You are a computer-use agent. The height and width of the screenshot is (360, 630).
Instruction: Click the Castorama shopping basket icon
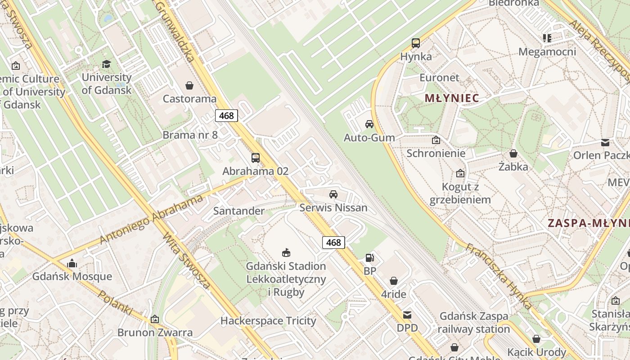pyautogui.click(x=189, y=85)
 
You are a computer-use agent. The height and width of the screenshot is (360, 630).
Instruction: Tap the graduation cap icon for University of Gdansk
pyautogui.click(x=106, y=64)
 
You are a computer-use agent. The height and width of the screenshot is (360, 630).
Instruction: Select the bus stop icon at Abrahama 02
pyautogui.click(x=256, y=158)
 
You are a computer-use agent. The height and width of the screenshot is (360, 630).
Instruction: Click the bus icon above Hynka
pyautogui.click(x=416, y=43)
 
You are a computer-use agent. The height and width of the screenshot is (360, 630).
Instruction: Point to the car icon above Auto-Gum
pyautogui.click(x=369, y=124)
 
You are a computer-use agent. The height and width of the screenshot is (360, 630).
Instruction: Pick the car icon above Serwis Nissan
pyautogui.click(x=333, y=194)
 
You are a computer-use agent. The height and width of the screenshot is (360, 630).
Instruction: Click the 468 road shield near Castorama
pyautogui.click(x=226, y=116)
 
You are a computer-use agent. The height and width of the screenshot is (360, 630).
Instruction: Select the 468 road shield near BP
pyautogui.click(x=333, y=243)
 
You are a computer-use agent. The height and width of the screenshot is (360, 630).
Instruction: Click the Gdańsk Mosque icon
pyautogui.click(x=72, y=263)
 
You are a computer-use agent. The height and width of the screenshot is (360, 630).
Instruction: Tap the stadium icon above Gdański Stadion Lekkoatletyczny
pyautogui.click(x=286, y=252)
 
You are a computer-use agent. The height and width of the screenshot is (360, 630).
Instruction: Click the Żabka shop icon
pyautogui.click(x=513, y=153)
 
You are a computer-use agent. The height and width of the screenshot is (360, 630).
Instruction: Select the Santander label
pyautogui.click(x=239, y=211)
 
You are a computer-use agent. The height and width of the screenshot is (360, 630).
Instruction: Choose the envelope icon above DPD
pyautogui.click(x=407, y=315)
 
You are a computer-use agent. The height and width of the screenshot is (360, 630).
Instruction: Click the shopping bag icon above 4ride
pyautogui.click(x=394, y=281)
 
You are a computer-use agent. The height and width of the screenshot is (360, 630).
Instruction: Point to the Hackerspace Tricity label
pyautogui.click(x=268, y=321)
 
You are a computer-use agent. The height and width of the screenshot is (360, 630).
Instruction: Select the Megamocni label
pyautogui.click(x=547, y=52)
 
